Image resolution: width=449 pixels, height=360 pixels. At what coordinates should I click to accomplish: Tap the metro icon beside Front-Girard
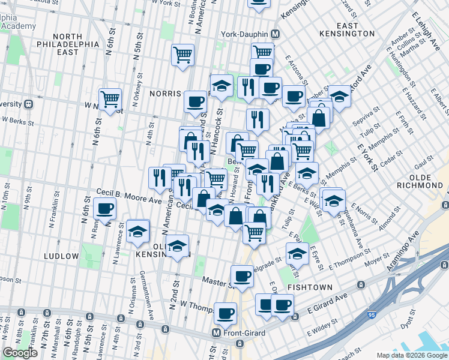tap(217, 332)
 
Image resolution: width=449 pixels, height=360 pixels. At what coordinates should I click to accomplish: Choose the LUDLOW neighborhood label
tap(61, 256)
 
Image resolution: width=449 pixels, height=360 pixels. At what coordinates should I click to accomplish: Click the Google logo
tap(20, 353)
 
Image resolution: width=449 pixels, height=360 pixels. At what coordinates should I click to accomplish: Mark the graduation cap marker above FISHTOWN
tap(297, 253)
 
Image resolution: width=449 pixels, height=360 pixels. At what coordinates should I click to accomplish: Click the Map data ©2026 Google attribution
tap(411, 355)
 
